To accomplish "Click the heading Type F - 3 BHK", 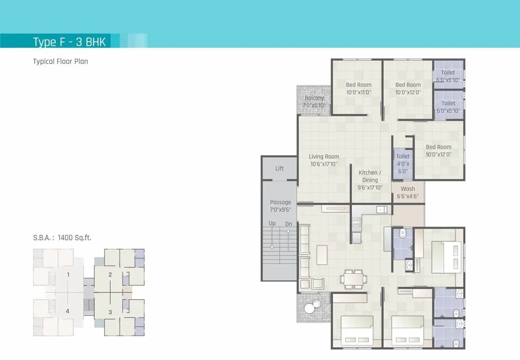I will pos(69,42).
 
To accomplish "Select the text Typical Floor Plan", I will pos(60,61).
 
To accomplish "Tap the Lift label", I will pos(279,169).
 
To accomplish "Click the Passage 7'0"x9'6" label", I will pos(280,206).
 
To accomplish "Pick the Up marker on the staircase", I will pos(271,223).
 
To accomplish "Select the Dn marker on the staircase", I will pos(289,223).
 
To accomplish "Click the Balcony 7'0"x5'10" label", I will pos(314,101).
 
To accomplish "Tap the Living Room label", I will pos(323,160).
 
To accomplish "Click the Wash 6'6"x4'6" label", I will pos(408,192).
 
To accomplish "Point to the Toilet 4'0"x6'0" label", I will pos(402,163).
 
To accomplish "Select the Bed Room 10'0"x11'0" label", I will pos(358,88).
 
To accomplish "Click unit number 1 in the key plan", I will pos(68,274).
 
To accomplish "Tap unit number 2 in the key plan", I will pos(110,275).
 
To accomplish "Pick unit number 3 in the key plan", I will pos(110,312).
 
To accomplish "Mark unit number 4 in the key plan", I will pos(68,311).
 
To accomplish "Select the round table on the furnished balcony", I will pos(310,307).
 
